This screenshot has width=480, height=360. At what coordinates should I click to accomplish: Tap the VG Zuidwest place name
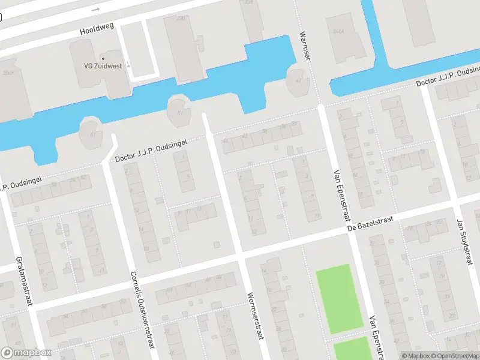tap(103, 66)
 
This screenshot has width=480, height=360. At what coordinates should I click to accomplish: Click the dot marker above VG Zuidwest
tap(103, 58)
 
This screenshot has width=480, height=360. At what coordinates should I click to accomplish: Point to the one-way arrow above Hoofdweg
tap(96, 10)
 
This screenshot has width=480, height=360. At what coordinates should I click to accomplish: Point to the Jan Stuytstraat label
tap(463, 242)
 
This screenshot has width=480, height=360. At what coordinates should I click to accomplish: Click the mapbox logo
tap(26, 353)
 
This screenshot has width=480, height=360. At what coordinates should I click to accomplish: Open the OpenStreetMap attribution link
tap(456, 356)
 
